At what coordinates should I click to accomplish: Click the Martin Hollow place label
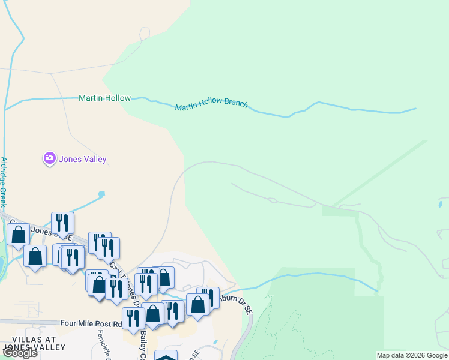[104, 98]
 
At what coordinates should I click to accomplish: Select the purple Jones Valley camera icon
[49, 158]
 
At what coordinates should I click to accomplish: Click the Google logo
[20, 353]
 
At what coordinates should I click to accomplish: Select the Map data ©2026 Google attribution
[412, 355]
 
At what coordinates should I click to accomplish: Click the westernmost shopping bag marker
[18, 235]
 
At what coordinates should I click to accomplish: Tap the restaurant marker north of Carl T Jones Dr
[62, 223]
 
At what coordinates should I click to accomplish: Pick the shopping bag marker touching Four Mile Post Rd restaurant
[153, 313]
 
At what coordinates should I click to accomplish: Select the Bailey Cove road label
[143, 346]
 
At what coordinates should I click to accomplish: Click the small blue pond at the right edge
[441, 204]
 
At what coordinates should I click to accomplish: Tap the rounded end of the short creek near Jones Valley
[101, 194]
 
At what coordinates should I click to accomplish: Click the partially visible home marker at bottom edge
[166, 356]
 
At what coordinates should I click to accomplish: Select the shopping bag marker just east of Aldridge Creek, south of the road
[35, 256]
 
